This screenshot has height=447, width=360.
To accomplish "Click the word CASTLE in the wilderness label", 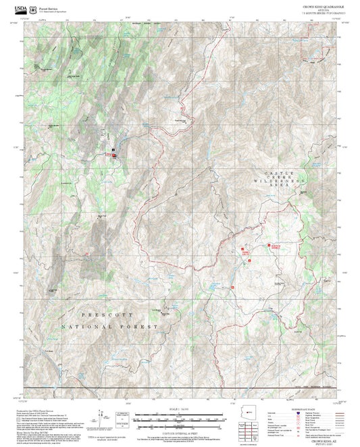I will pos(275,174).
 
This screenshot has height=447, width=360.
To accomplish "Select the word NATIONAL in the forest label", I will pos(84,326).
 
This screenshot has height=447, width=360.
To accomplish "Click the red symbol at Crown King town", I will pos(113,156).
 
